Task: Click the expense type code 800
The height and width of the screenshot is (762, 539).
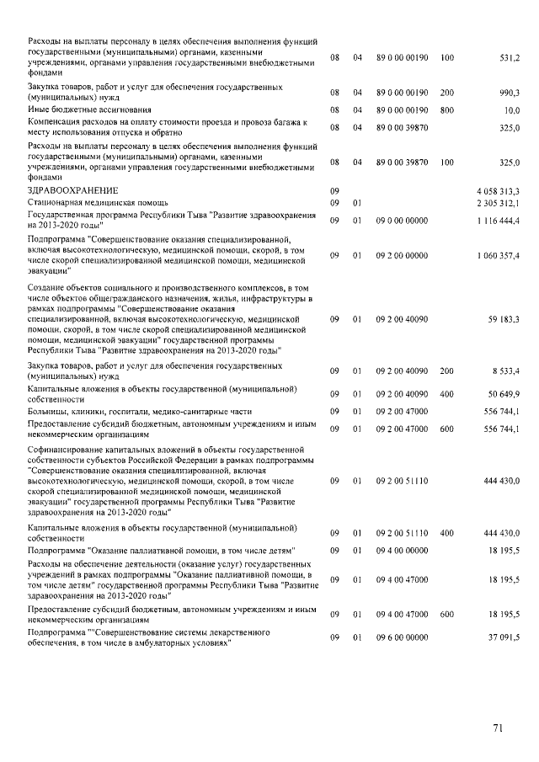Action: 446,110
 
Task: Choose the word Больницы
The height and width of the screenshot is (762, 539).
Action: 47,411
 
